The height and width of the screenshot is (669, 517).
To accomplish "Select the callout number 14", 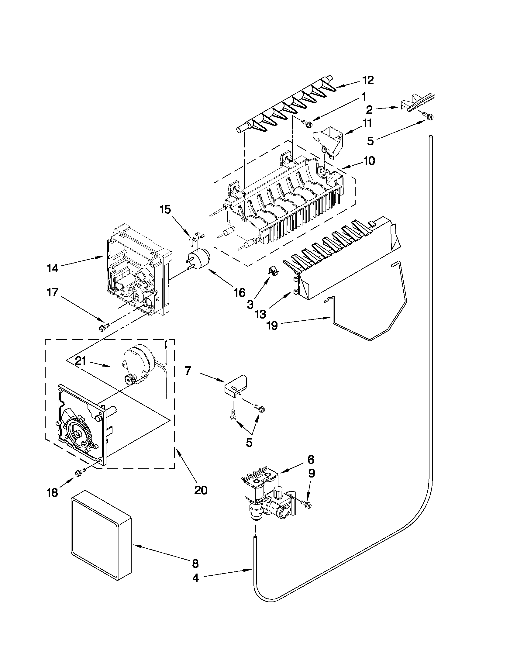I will (53, 269).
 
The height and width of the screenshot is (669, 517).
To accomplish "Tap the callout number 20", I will (201, 490).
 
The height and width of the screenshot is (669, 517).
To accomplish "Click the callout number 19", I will (272, 325).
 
